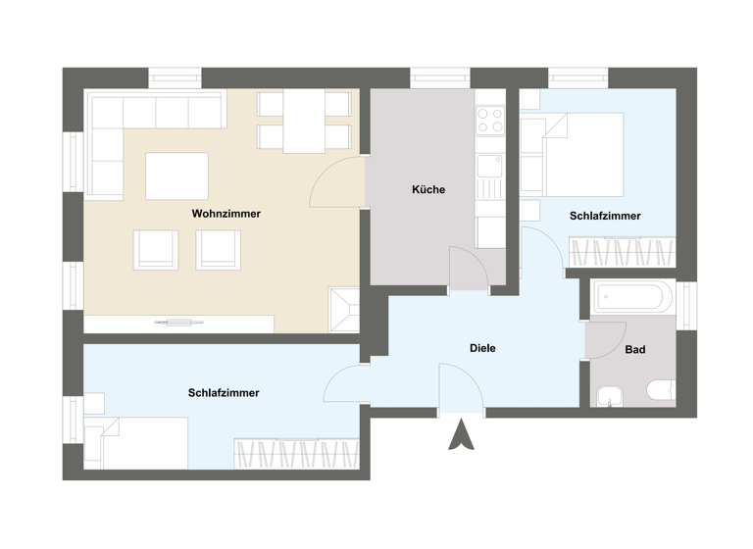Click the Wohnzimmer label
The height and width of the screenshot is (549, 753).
tap(226, 214)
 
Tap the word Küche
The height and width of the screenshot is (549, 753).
tap(428, 190)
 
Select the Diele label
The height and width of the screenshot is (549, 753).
tap(482, 348)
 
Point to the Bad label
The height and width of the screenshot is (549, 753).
tap(634, 349)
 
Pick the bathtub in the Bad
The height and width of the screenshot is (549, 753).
tap(632, 296)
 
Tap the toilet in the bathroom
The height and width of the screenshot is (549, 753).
tap(661, 391)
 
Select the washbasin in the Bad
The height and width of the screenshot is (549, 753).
tap(610, 395)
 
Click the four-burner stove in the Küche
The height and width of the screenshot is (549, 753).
tap(489, 121)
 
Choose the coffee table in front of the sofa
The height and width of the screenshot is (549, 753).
tap(176, 175)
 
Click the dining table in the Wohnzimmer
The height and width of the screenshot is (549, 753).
tap(304, 122)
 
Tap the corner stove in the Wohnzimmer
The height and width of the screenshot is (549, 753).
tap(344, 309)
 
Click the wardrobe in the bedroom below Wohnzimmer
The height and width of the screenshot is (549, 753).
tap(296, 453)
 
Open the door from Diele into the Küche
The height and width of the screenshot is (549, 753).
tap(468, 268)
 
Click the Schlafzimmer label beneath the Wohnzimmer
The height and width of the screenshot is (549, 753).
tap(224, 393)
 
